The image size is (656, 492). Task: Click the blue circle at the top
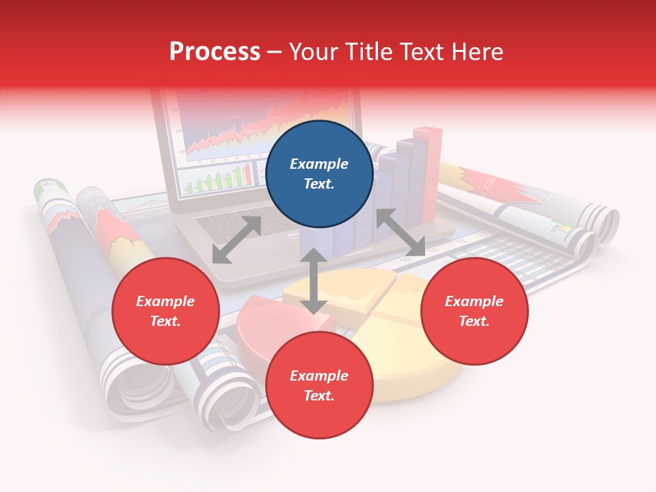click(319, 174)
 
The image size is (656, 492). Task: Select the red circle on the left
click(165, 312)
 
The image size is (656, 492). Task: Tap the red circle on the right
click(474, 312)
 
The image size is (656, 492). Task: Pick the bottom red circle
click(319, 385)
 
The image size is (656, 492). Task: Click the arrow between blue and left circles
click(236, 240)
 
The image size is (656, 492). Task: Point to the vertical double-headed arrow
click(314, 281)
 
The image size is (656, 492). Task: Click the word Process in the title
click(215, 52)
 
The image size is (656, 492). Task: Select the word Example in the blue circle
click(319, 164)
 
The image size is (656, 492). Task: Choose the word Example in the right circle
click(474, 301)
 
